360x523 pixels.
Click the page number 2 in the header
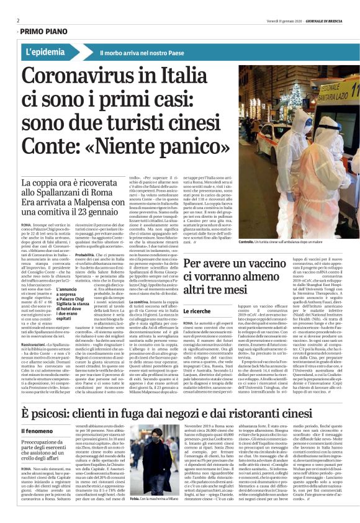point(18,19)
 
